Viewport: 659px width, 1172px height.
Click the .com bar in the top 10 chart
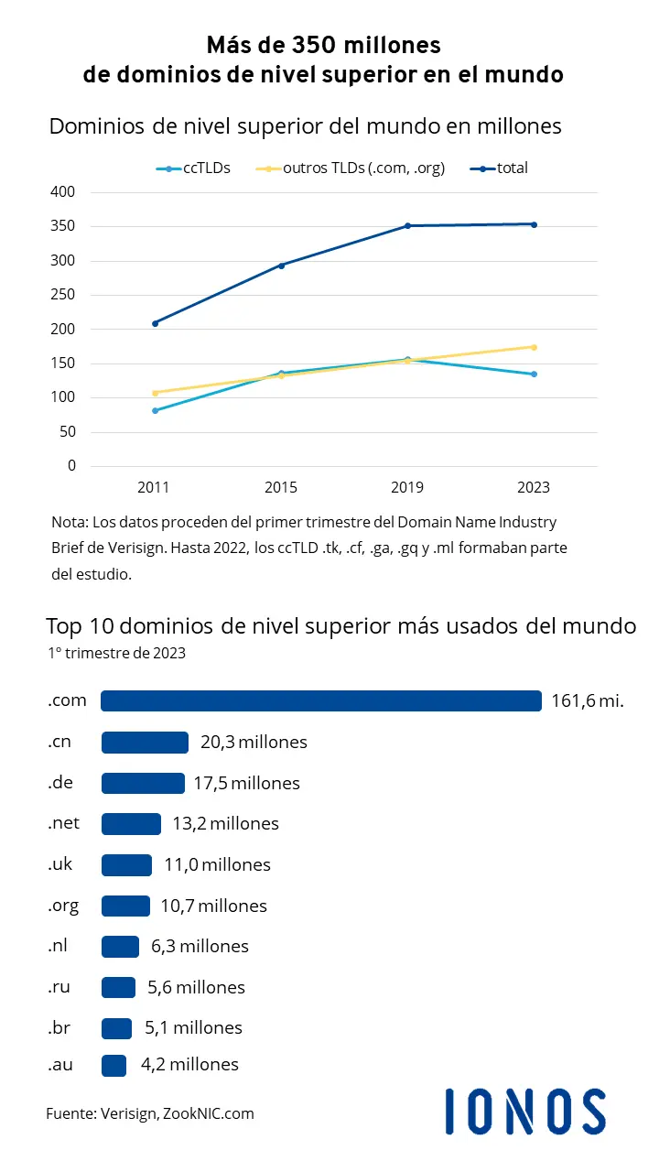pyautogui.click(x=320, y=700)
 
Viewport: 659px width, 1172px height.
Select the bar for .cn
pyautogui.click(x=145, y=742)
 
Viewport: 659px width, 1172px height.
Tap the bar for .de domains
pyautogui.click(x=143, y=783)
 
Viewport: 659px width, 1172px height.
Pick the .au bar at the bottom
pyautogui.click(x=113, y=1064)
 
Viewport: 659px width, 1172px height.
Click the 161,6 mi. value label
pyautogui.click(x=588, y=701)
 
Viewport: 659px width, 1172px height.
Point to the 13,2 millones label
pyautogui.click(x=225, y=824)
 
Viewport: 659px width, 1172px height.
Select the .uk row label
pyautogui.click(x=60, y=864)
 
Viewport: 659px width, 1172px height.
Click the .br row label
pyautogui.click(x=59, y=1027)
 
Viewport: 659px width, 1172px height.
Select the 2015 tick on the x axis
pyautogui.click(x=281, y=488)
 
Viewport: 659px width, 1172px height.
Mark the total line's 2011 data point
pyautogui.click(x=155, y=323)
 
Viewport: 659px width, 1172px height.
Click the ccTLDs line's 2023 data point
pyautogui.click(x=534, y=374)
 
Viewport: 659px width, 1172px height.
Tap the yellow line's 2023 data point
pyautogui.click(x=534, y=347)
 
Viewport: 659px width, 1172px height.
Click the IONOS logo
pyautogui.click(x=525, y=1111)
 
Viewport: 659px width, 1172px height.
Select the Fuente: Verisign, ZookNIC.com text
pyautogui.click(x=150, y=1113)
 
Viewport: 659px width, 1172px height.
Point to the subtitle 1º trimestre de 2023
pyautogui.click(x=116, y=653)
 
